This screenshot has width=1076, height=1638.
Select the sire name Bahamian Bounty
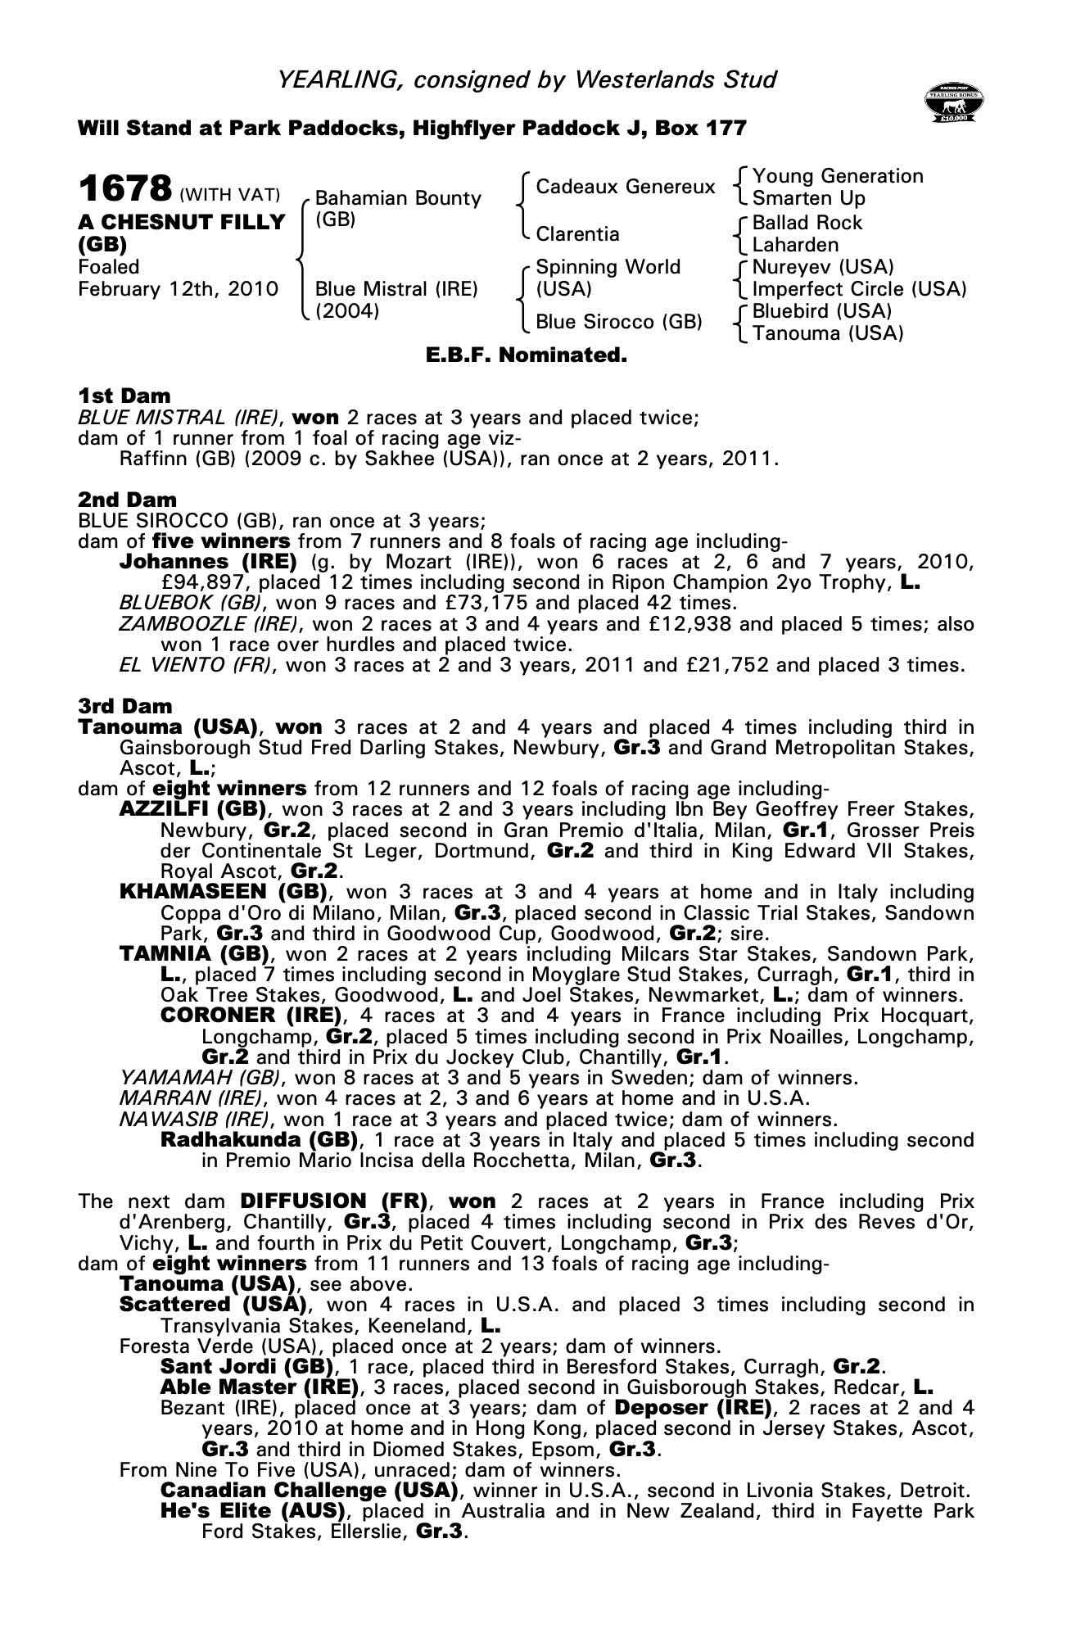coord(398,198)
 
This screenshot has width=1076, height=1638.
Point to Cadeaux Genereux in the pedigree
coord(625,187)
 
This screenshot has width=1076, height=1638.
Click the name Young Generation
coord(838,176)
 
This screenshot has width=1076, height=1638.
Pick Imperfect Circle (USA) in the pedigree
coord(859,289)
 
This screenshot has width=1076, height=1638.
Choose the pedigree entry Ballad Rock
coord(807,223)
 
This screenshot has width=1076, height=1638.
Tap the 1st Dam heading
coord(124,396)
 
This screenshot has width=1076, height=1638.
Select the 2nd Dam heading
coord(127,500)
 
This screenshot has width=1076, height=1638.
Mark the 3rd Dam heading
coord(125,706)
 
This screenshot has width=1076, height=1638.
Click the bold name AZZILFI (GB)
coord(194,809)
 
